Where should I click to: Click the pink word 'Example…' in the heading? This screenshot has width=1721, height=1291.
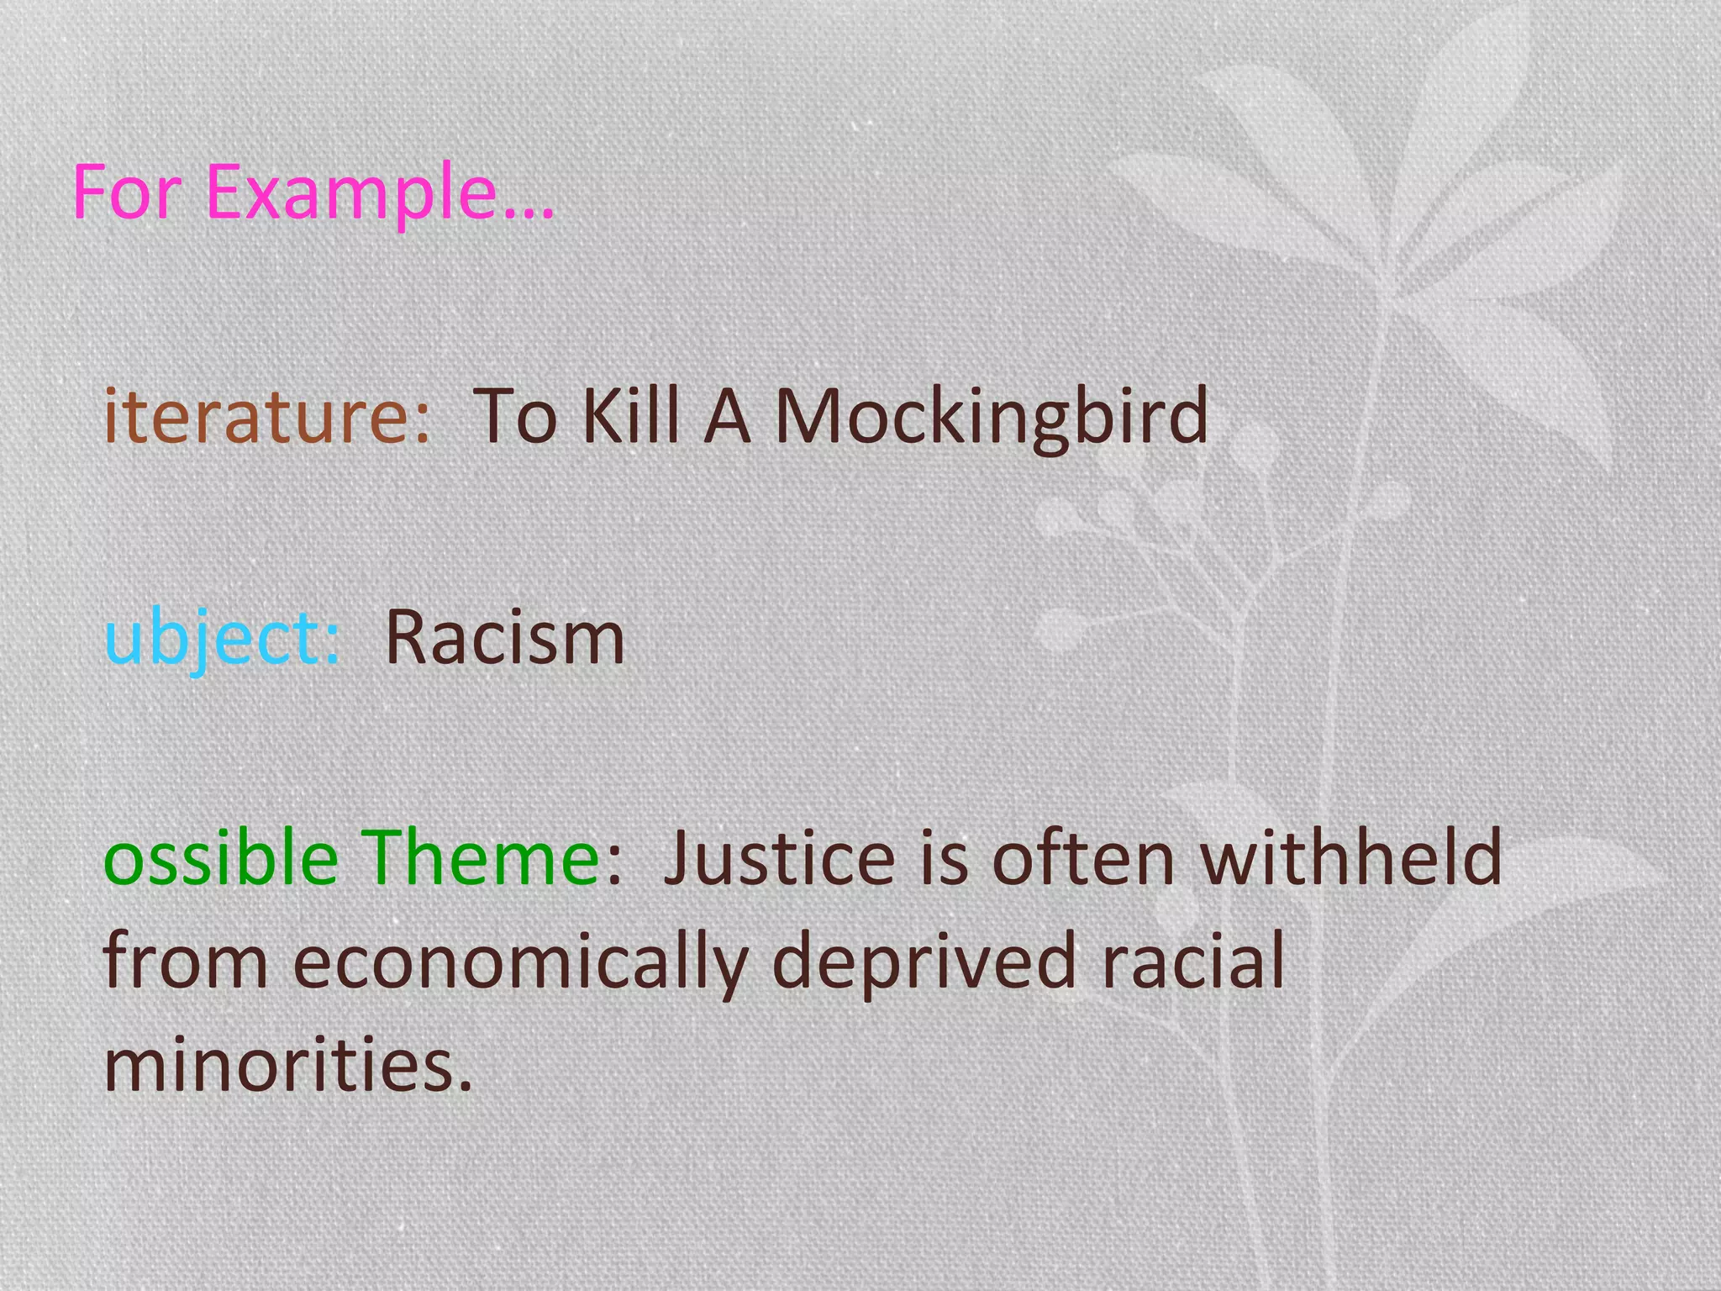(379, 192)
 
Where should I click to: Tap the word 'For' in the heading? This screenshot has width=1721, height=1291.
(126, 192)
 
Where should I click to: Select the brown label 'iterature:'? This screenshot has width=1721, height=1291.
(266, 416)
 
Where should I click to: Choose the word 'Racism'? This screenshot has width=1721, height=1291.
(505, 637)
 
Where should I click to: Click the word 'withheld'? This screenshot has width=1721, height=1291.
(1350, 857)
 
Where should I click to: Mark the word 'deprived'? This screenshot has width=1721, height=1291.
(924, 963)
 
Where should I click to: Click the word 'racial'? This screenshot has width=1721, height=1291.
(1192, 962)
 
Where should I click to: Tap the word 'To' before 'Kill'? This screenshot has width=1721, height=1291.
(515, 416)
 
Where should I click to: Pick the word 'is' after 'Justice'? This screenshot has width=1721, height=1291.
(945, 857)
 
